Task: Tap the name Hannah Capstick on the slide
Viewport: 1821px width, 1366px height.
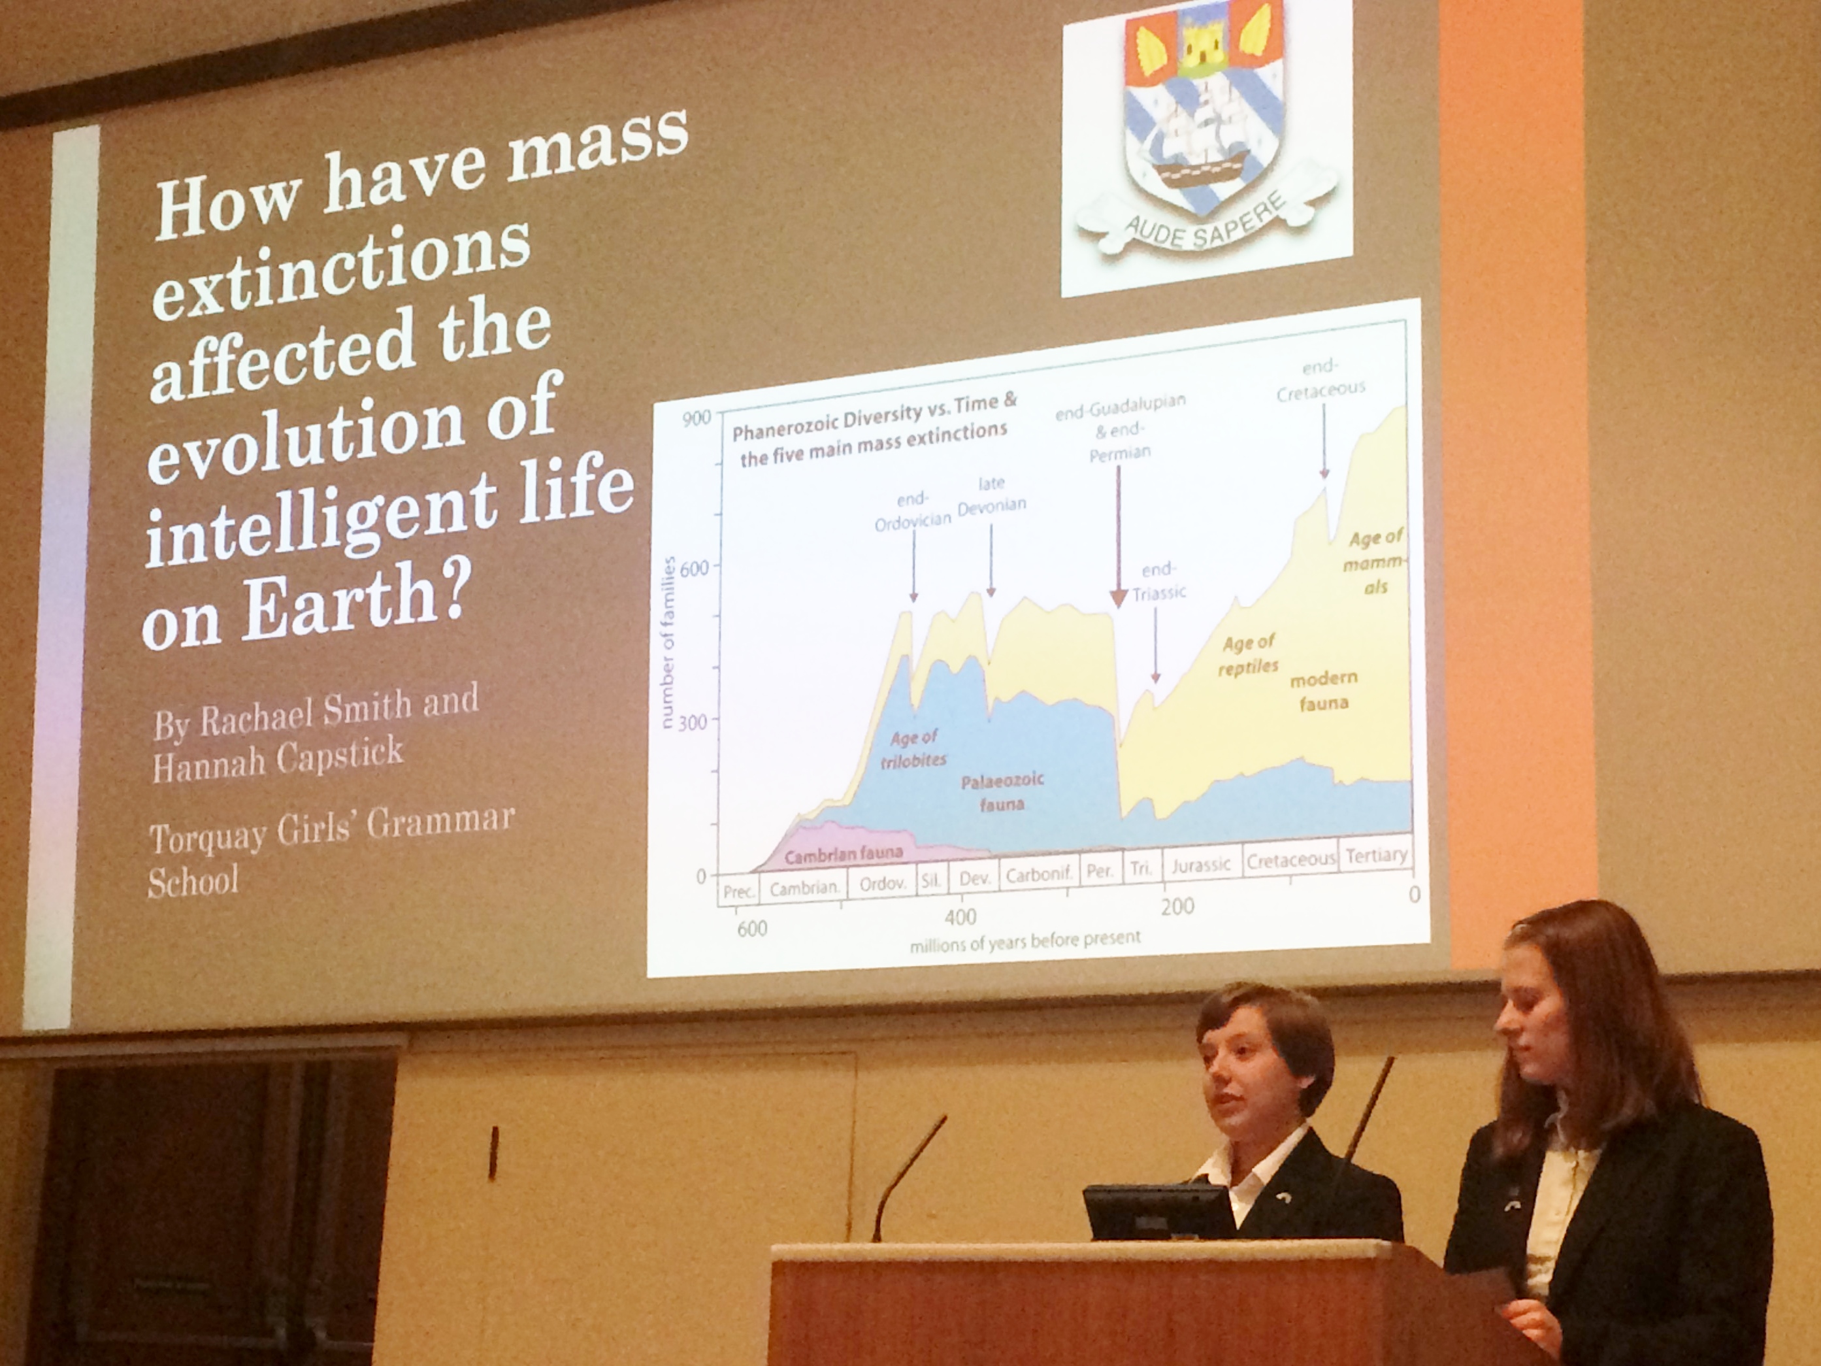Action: pyautogui.click(x=278, y=758)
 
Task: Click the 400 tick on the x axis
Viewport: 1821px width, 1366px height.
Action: pyautogui.click(x=960, y=916)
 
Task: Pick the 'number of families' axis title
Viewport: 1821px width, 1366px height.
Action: pyautogui.click(x=668, y=642)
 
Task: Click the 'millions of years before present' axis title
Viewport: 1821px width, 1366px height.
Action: pyautogui.click(x=1025, y=941)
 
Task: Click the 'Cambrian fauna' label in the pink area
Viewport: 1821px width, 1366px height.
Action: pyautogui.click(x=843, y=854)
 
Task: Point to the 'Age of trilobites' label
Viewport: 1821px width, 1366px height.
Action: pyautogui.click(x=914, y=748)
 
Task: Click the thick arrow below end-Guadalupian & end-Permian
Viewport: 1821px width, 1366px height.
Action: pyautogui.click(x=1118, y=536)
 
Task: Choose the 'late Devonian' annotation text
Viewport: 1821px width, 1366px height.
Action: pyautogui.click(x=992, y=495)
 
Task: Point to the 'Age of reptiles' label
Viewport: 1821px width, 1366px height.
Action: pyautogui.click(x=1248, y=656)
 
